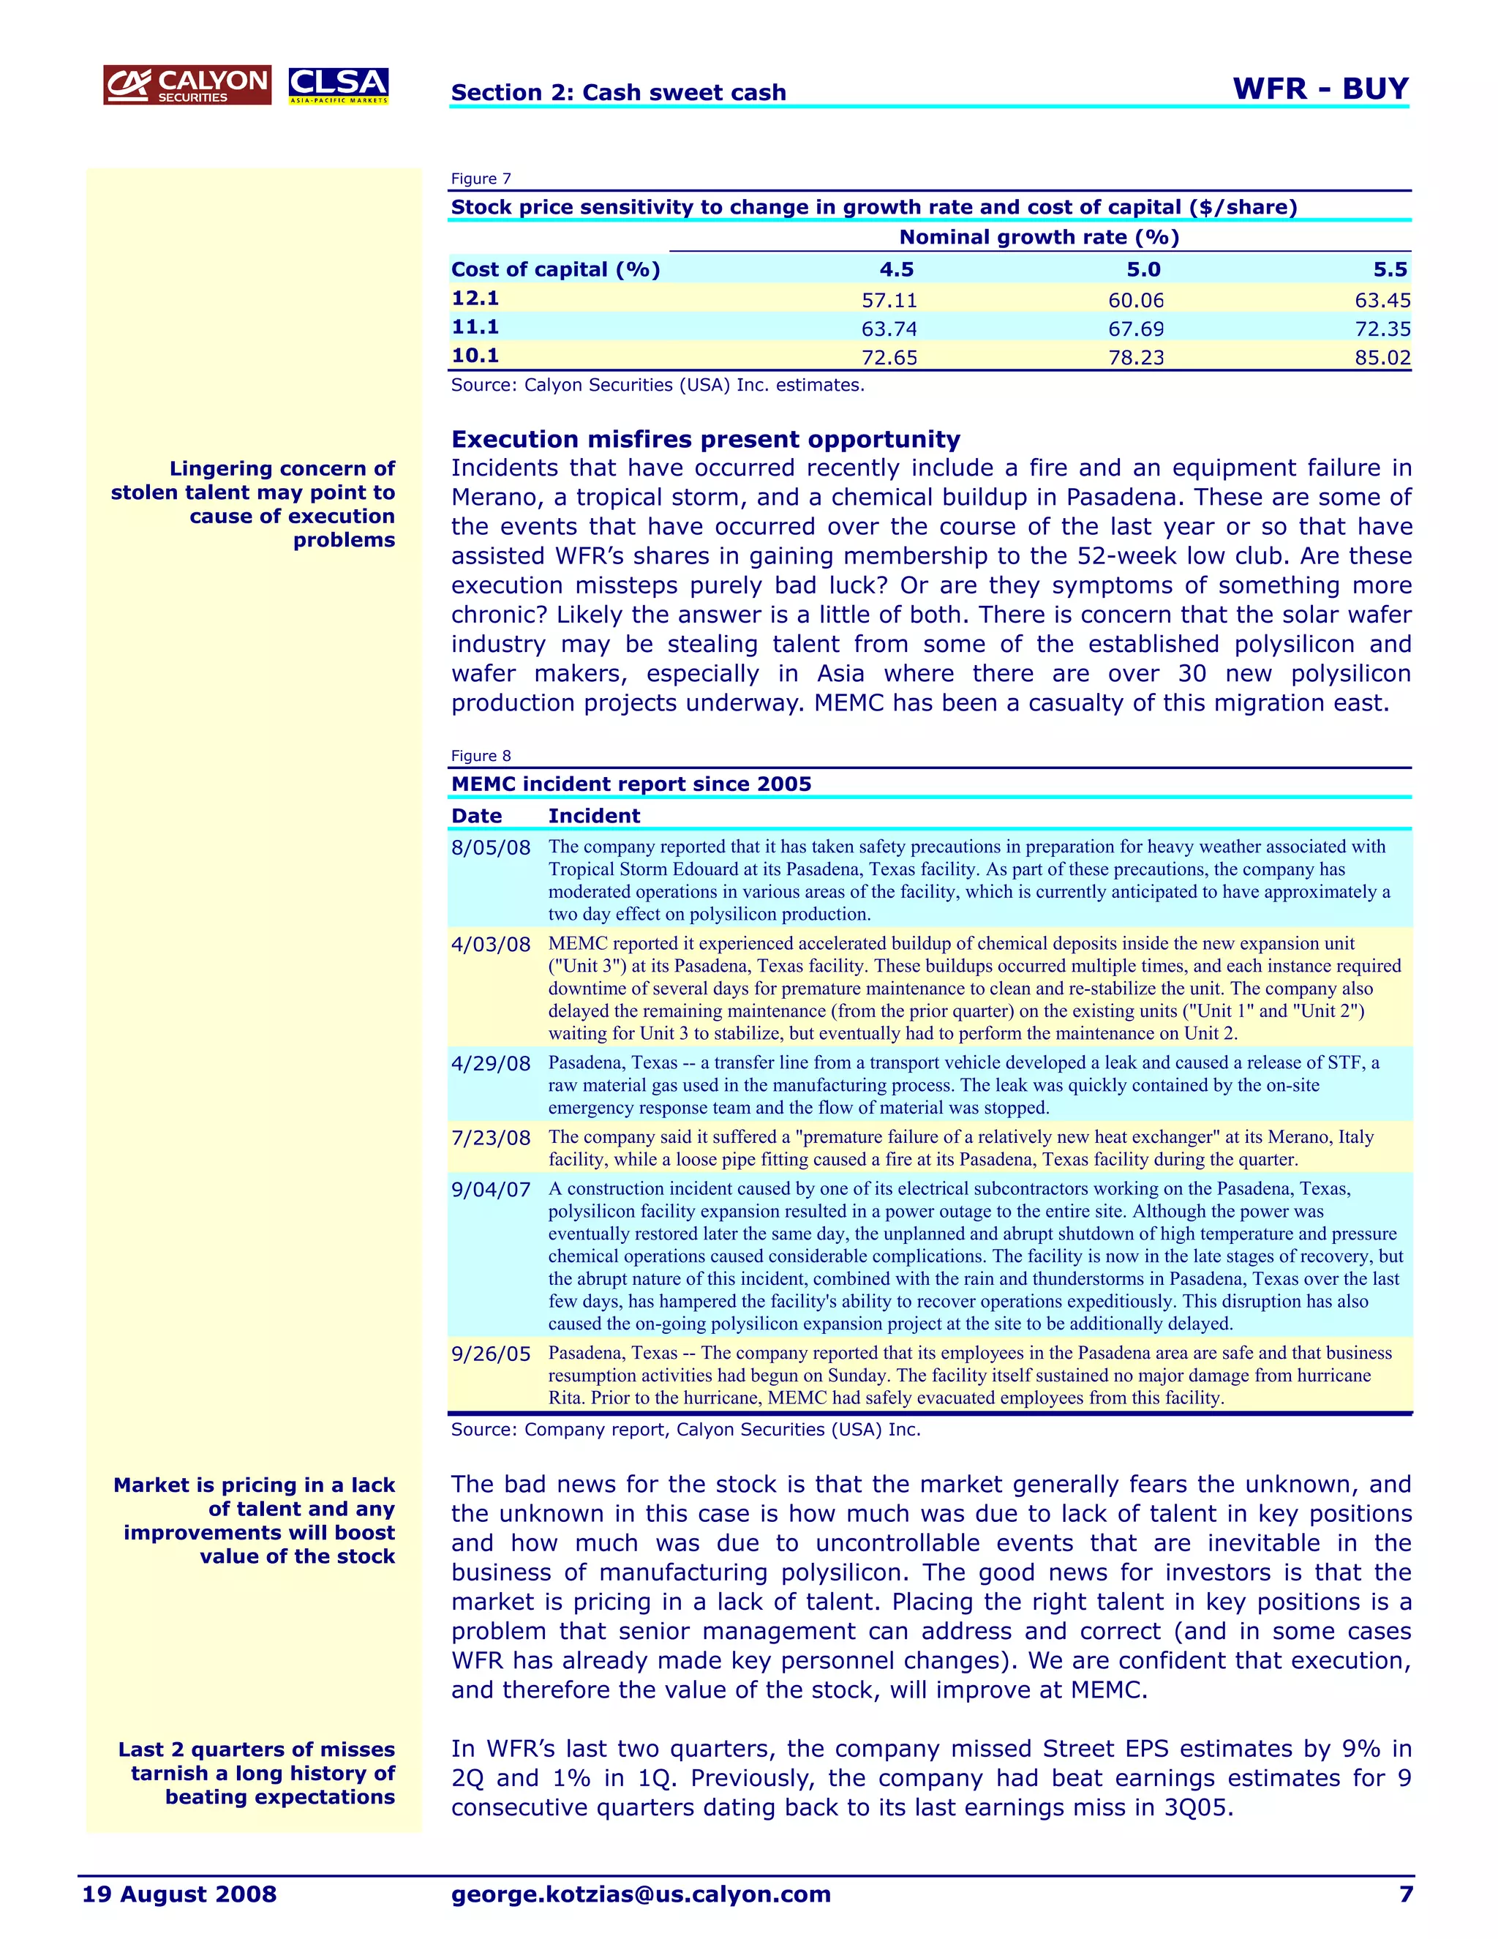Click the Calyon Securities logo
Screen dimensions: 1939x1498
(187, 85)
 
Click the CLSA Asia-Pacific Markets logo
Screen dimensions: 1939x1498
(338, 85)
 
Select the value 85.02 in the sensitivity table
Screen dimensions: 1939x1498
(1382, 358)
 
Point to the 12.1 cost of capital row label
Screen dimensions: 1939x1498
(475, 299)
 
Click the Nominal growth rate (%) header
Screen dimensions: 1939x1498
(1039, 237)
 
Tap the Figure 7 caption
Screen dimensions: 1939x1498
(481, 179)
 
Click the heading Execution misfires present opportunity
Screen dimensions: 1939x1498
(706, 440)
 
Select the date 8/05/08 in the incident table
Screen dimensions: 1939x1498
(490, 848)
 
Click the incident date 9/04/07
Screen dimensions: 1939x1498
(490, 1190)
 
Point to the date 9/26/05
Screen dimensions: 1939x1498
(490, 1354)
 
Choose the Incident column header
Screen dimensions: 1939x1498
(594, 816)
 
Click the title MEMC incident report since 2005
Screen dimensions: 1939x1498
(631, 784)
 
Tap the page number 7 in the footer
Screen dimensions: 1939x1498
(1405, 1894)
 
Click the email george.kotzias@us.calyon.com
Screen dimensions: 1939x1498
(641, 1894)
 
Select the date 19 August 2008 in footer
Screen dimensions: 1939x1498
(179, 1894)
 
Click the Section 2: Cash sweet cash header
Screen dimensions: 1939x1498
(619, 92)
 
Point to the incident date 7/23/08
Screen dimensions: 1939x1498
(490, 1139)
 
